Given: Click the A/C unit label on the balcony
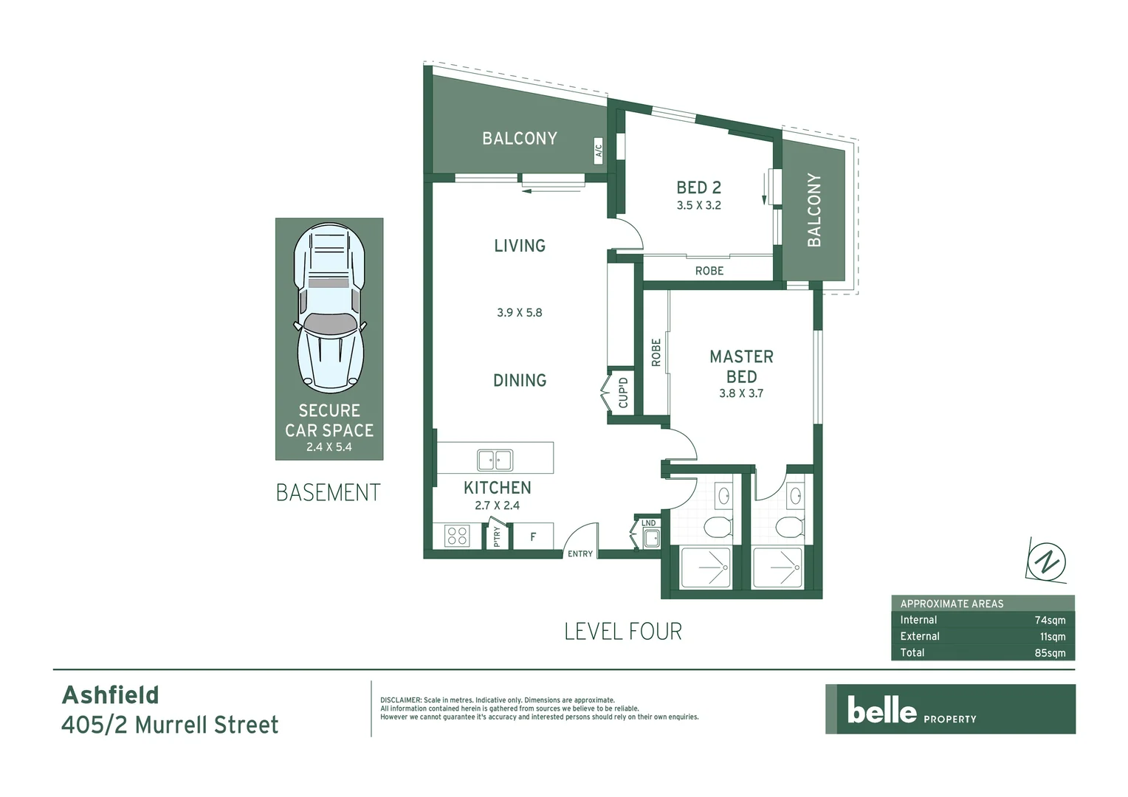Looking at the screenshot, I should (599, 152).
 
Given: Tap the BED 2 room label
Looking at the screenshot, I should (698, 188).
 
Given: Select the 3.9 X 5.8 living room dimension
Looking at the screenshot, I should (519, 313).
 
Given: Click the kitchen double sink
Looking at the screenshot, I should (495, 460).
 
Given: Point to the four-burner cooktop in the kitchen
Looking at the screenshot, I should (457, 536).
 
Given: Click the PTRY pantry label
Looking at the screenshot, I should (497, 536).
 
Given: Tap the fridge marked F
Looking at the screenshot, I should (533, 537).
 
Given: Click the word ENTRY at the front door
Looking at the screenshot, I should (580, 554).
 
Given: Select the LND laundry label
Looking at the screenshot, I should (648, 523).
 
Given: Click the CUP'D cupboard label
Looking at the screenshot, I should (623, 393).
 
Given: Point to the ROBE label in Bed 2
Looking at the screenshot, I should (709, 271).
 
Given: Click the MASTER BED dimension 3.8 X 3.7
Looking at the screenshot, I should (741, 393).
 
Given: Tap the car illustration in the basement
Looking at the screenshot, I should (329, 308).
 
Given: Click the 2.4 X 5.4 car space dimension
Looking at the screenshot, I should (329, 447).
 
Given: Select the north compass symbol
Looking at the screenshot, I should (1047, 559).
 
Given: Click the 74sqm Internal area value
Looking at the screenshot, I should (1050, 621).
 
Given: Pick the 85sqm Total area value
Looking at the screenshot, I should (1050, 653).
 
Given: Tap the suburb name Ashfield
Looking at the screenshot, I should (111, 695).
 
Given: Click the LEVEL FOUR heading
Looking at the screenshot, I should (623, 632).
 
